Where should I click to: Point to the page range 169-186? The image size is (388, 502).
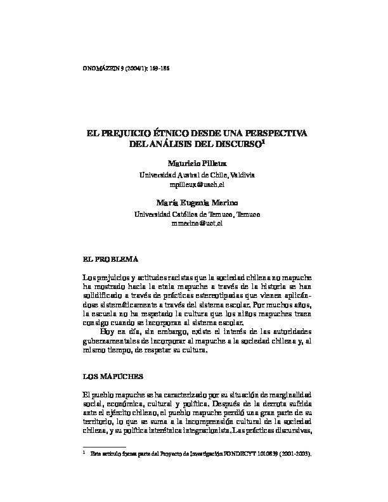point(157,68)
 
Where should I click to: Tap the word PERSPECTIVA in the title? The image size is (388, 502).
point(275,134)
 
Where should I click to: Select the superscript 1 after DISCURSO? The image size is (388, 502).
point(263,143)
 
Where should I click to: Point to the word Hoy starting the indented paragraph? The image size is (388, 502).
point(108,331)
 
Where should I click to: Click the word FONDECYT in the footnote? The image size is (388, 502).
point(245,454)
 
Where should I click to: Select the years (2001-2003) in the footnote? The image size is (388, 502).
point(294,454)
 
